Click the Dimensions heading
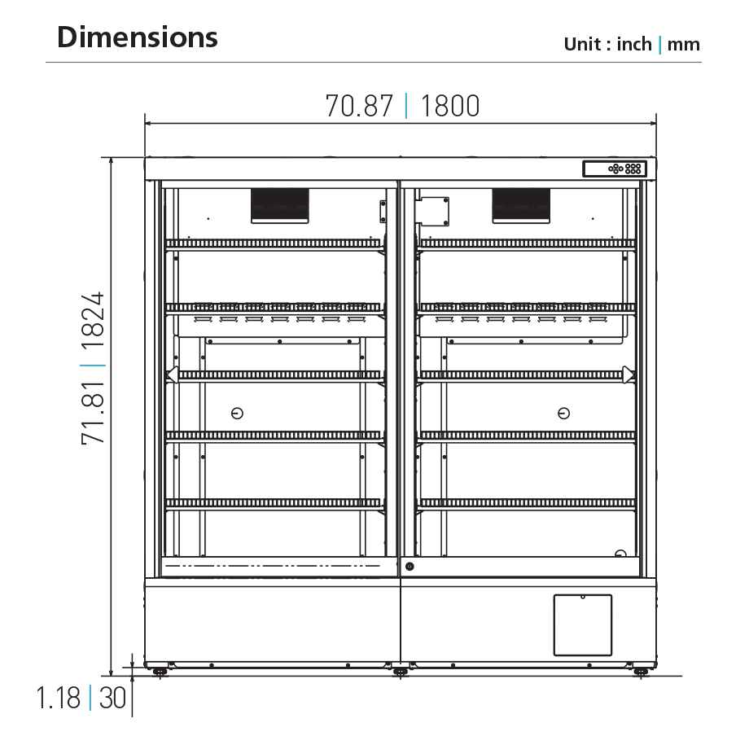pos(137,37)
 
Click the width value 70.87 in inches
pos(359,106)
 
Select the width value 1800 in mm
pos(450,106)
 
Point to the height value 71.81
pos(93,414)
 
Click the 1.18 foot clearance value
pos(59,698)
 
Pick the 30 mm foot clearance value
pos(112,698)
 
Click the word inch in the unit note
pos(634,44)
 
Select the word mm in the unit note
pos(684,45)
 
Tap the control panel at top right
pos(615,169)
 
